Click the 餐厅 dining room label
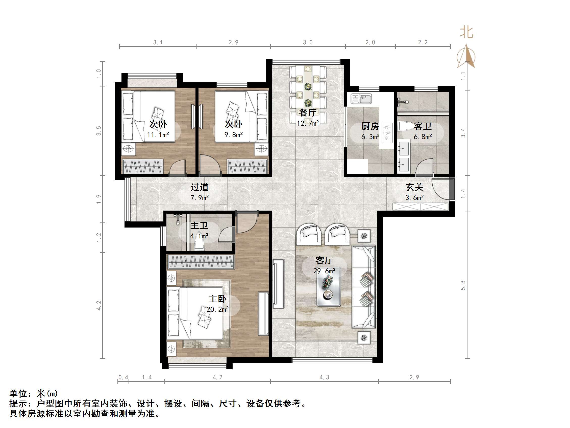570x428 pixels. click(307, 113)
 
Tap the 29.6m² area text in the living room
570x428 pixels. click(324, 271)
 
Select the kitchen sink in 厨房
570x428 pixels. click(362, 99)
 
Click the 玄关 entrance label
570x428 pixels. click(414, 187)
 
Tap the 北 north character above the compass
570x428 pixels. click(466, 33)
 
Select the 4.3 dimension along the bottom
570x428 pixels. click(324, 377)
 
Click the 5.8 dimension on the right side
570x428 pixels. click(463, 285)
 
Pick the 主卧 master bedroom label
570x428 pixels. click(217, 299)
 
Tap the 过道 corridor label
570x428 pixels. click(200, 187)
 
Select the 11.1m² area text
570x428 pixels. click(158, 134)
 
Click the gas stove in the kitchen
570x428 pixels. click(387, 133)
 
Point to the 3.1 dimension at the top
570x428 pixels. click(158, 42)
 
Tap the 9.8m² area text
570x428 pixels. click(233, 134)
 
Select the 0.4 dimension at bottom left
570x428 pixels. click(123, 377)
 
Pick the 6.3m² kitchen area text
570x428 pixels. click(370, 137)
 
